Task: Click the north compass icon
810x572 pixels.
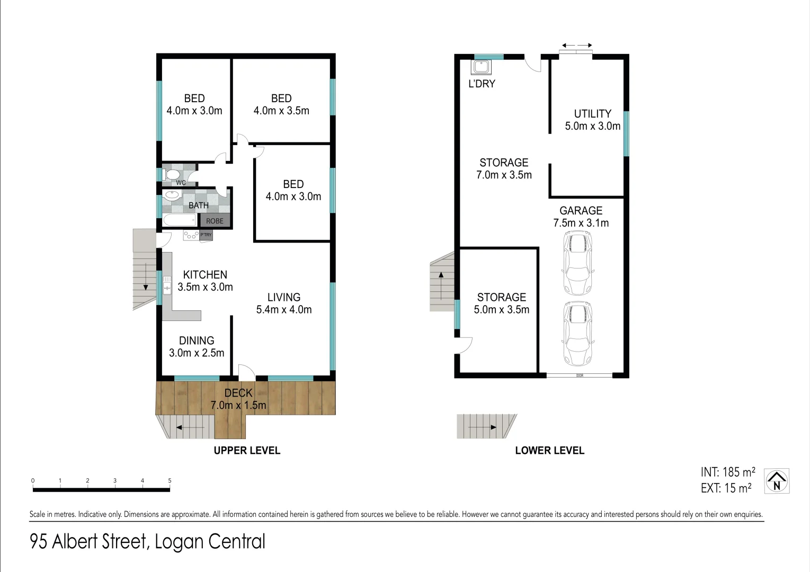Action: [x=777, y=481]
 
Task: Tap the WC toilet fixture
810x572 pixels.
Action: [x=172, y=174]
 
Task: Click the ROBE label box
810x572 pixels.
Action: [x=215, y=221]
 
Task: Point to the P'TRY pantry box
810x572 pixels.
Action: [x=206, y=235]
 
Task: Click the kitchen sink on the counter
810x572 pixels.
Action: [x=167, y=285]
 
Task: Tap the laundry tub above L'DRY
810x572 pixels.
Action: [x=482, y=67]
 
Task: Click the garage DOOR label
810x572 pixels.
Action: [x=580, y=376]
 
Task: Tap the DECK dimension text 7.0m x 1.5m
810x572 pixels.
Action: [x=238, y=405]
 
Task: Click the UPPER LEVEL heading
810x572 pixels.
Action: [x=247, y=451]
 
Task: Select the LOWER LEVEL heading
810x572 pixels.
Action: [x=549, y=451]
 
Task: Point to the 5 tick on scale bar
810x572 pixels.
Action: [x=170, y=481]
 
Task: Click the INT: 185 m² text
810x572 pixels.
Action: [x=727, y=472]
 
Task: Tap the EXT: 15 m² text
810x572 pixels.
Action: [x=726, y=488]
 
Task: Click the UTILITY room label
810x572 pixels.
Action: [x=592, y=114]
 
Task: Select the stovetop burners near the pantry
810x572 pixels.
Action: [x=191, y=235]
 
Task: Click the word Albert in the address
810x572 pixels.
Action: [x=98, y=542]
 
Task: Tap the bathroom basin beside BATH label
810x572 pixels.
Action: [x=172, y=195]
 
